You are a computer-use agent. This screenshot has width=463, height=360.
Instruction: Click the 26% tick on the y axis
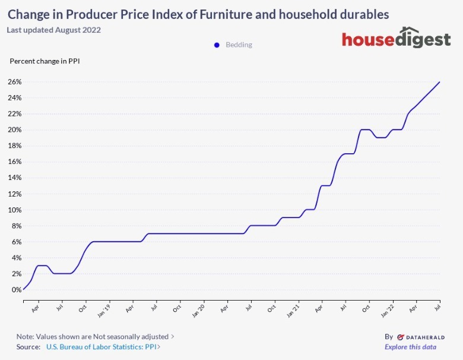tap(14, 82)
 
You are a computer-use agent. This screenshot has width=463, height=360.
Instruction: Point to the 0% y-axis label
tap(16, 290)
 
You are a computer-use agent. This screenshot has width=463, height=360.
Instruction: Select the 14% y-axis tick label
tap(14, 178)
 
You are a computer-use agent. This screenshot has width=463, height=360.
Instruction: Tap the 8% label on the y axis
tap(16, 226)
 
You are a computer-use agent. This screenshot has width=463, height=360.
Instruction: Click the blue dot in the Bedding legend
tap(217, 45)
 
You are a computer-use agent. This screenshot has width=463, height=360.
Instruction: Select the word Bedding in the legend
tap(239, 45)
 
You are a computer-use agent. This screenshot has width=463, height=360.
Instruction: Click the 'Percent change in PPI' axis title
tap(45, 61)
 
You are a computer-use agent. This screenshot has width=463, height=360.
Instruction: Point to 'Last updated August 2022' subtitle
tap(54, 30)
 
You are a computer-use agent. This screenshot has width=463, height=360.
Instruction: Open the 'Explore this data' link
tap(410, 347)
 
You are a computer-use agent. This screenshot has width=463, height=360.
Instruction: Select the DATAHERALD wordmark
tap(421, 336)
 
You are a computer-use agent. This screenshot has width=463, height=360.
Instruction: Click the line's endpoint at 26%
tap(439, 82)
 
